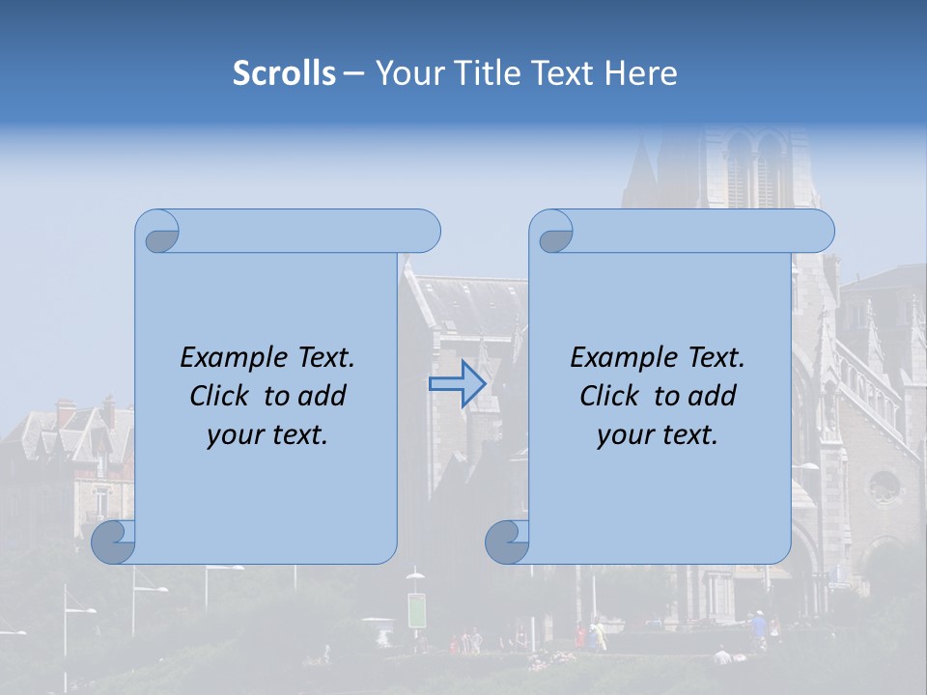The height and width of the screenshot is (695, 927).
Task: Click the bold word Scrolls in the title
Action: (x=284, y=73)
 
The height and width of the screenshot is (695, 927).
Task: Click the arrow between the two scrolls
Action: (x=457, y=384)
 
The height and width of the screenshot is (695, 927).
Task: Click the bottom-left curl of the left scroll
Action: (x=112, y=542)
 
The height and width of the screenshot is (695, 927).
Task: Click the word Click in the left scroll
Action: (x=218, y=396)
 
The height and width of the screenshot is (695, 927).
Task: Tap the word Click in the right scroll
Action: (x=608, y=396)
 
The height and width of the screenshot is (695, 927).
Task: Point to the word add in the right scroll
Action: (x=712, y=396)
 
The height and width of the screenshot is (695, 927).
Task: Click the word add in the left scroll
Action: (x=322, y=396)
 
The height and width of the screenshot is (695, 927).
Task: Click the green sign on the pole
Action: (x=416, y=610)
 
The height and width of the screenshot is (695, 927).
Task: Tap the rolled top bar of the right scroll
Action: (x=695, y=232)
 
